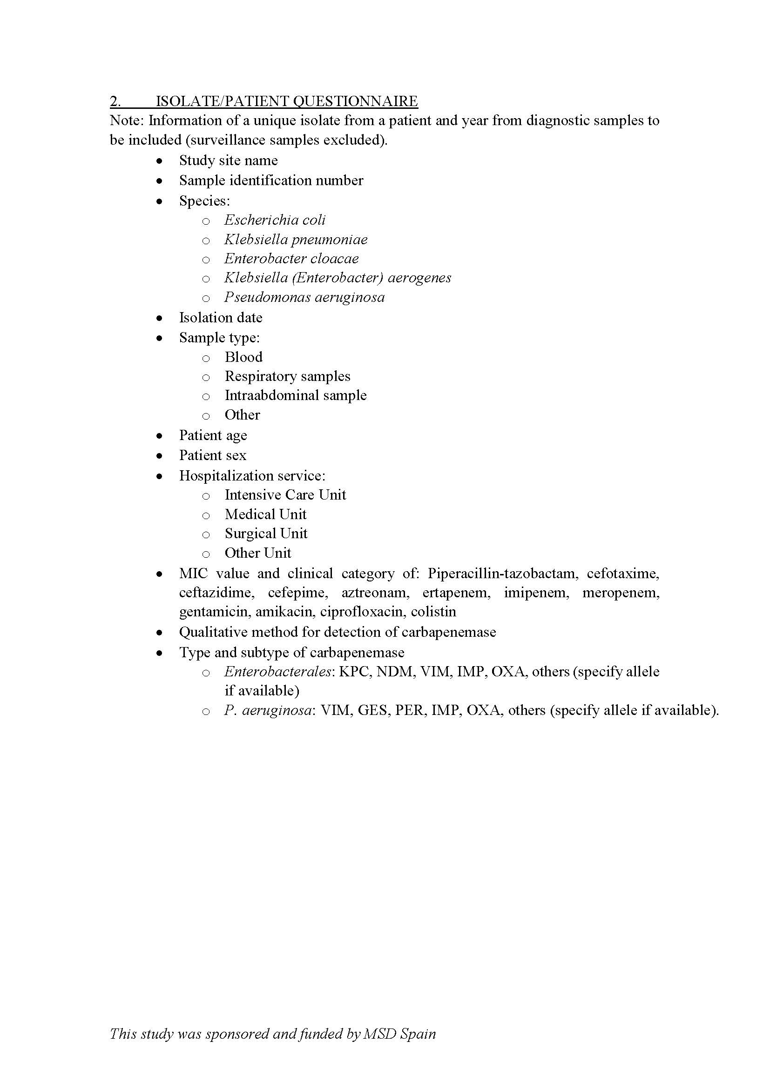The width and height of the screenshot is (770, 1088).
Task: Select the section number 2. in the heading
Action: (115, 101)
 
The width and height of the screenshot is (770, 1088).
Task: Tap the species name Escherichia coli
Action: (275, 220)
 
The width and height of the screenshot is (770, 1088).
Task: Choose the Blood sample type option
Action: (243, 357)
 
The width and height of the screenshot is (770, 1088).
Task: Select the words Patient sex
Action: (212, 455)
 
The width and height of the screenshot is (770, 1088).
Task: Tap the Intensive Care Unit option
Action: (285, 495)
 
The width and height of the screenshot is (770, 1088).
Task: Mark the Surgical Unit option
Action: (266, 534)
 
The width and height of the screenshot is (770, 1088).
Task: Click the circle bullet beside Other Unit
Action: (206, 554)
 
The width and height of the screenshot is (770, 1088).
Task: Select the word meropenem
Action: (621, 593)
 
